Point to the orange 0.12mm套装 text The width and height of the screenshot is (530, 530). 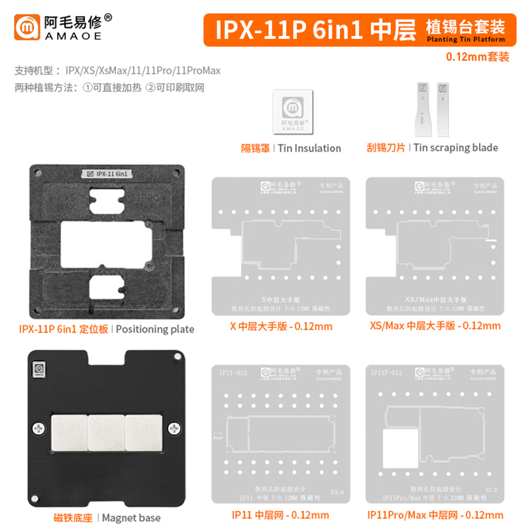pos(479,57)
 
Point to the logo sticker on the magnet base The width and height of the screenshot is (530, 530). pos(39,368)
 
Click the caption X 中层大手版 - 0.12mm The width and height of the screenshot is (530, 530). pos(280,326)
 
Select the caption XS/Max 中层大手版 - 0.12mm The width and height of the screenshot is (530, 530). pos(435,326)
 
